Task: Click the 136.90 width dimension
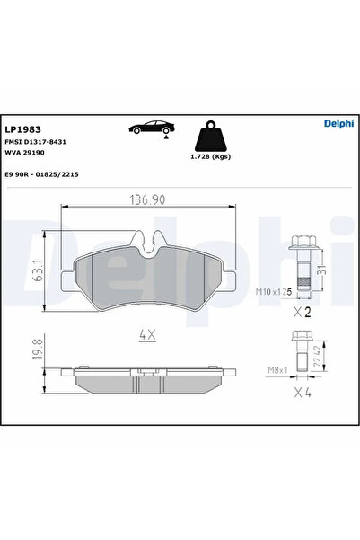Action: (151, 199)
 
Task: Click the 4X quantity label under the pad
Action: (148, 334)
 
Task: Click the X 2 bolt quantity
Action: (303, 314)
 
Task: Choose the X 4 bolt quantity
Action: (303, 392)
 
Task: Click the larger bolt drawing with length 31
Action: (303, 262)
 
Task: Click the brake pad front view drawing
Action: (151, 270)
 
